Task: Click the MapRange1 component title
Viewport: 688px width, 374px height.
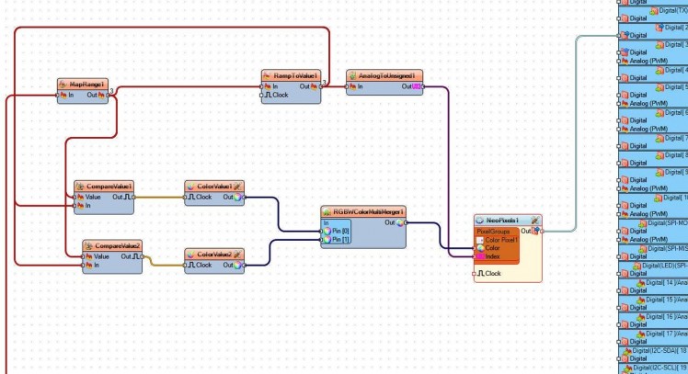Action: point(86,84)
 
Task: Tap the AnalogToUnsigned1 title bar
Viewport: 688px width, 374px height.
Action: point(384,75)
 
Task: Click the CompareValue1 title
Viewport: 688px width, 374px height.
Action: point(104,186)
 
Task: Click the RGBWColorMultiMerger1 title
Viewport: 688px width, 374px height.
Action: point(362,211)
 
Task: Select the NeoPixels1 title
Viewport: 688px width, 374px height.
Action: point(502,221)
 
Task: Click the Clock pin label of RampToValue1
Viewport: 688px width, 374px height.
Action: point(279,95)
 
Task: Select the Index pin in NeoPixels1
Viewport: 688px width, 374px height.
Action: point(494,256)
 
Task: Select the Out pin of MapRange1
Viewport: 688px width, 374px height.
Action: point(96,95)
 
